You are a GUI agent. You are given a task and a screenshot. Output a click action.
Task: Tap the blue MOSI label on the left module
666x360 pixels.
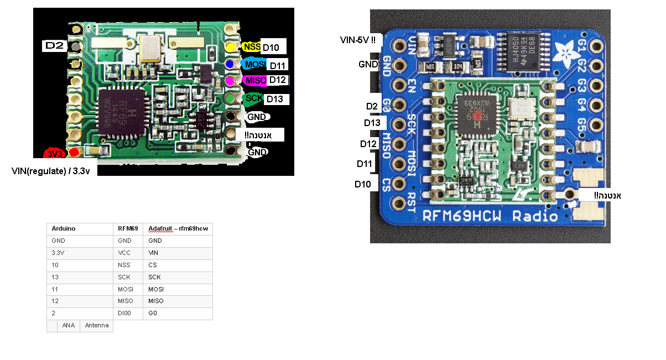tap(253, 64)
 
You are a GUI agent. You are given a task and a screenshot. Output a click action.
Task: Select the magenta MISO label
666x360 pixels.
tap(256, 81)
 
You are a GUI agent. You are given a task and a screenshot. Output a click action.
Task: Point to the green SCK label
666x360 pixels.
tap(254, 98)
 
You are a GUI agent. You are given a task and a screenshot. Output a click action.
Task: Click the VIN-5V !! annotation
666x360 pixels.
tap(361, 40)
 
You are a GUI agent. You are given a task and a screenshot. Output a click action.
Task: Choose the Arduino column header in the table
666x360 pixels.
tap(63, 228)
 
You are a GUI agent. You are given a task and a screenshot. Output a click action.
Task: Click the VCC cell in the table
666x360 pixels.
tap(124, 253)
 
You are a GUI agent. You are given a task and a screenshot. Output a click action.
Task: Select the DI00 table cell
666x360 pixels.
tap(124, 313)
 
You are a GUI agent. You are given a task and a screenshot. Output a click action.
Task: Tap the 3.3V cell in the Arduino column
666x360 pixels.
tap(58, 253)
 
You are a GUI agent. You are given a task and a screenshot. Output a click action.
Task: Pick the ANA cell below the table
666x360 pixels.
tap(69, 326)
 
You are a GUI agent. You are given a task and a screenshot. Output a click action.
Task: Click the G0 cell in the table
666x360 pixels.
tap(153, 313)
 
